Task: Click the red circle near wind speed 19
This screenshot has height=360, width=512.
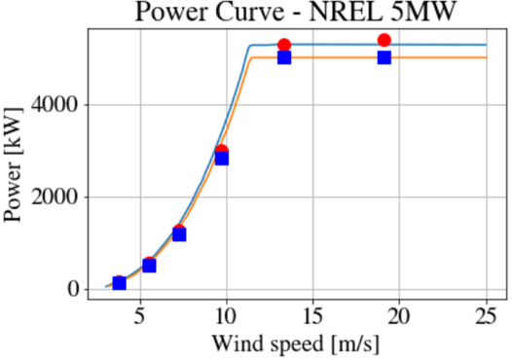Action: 384,40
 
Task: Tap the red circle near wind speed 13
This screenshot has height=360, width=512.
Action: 284,45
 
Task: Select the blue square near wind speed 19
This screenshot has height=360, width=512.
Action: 384,57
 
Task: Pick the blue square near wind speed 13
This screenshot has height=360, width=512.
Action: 284,57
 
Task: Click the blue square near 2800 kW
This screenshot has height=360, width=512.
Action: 222,158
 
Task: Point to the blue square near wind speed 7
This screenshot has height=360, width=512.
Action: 179,234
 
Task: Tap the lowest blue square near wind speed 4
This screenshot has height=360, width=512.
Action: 119,283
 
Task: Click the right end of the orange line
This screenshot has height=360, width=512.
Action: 486,57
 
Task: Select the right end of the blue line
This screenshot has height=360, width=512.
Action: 486,45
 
